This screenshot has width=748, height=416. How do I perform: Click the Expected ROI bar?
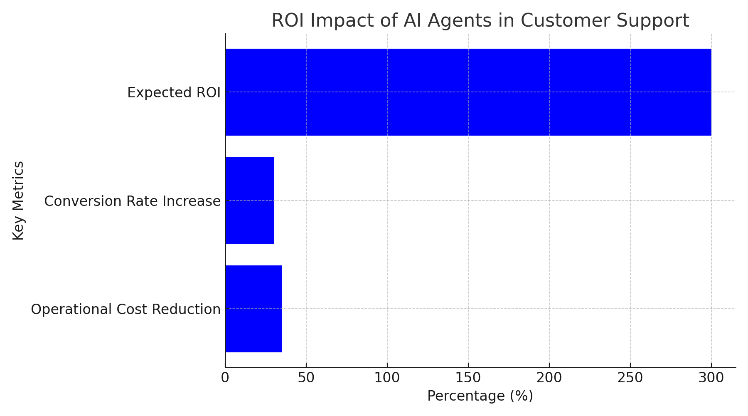[468, 92]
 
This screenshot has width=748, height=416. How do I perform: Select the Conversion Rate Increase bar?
[250, 201]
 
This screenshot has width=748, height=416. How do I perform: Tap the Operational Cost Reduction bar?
[253, 309]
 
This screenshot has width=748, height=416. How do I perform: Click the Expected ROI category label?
[174, 92]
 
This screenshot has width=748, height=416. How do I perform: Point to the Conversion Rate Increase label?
[132, 201]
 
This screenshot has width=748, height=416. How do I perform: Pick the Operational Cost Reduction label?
[125, 309]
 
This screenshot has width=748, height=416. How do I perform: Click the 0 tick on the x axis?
[225, 378]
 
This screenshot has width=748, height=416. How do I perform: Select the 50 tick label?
[306, 378]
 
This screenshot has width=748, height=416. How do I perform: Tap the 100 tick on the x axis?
[387, 378]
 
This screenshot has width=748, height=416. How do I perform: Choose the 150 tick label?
[468, 378]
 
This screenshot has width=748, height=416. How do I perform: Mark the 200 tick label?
[549, 378]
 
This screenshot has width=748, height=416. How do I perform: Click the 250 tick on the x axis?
[630, 378]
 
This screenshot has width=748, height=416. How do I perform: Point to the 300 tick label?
[711, 378]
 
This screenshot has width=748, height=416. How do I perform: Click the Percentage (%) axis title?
[480, 396]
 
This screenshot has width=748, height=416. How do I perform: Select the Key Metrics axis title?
[18, 201]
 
